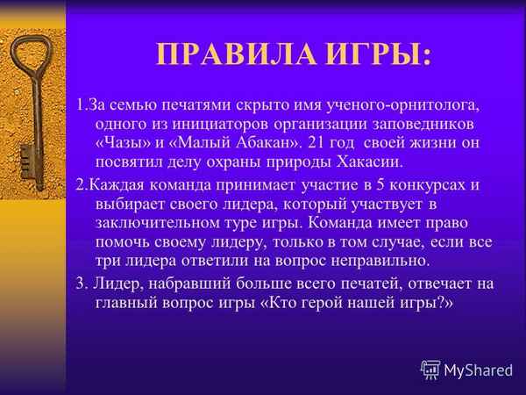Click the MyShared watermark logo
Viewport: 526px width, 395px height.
(466, 370)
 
